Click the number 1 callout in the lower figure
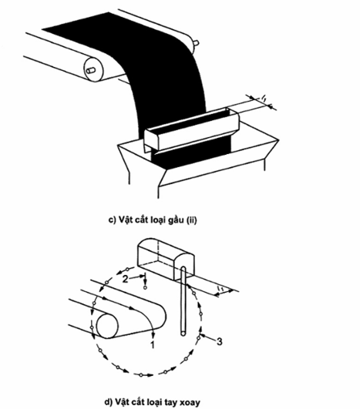pos(153,345)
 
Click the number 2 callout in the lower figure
pos(126,279)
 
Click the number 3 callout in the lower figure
pos(220,341)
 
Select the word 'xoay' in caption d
pos(190,402)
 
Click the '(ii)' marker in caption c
pos(191,220)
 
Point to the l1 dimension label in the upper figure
pos(264,99)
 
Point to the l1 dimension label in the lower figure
pos(220,289)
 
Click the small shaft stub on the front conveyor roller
pos(91,70)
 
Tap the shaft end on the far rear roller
pos(197,42)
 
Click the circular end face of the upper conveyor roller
pos(93,70)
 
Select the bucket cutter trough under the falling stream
pos(192,129)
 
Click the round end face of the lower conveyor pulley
pos(107,327)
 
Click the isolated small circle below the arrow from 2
pos(145,287)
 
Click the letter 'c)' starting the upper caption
pos(112,220)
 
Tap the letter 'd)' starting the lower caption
pos(108,402)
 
